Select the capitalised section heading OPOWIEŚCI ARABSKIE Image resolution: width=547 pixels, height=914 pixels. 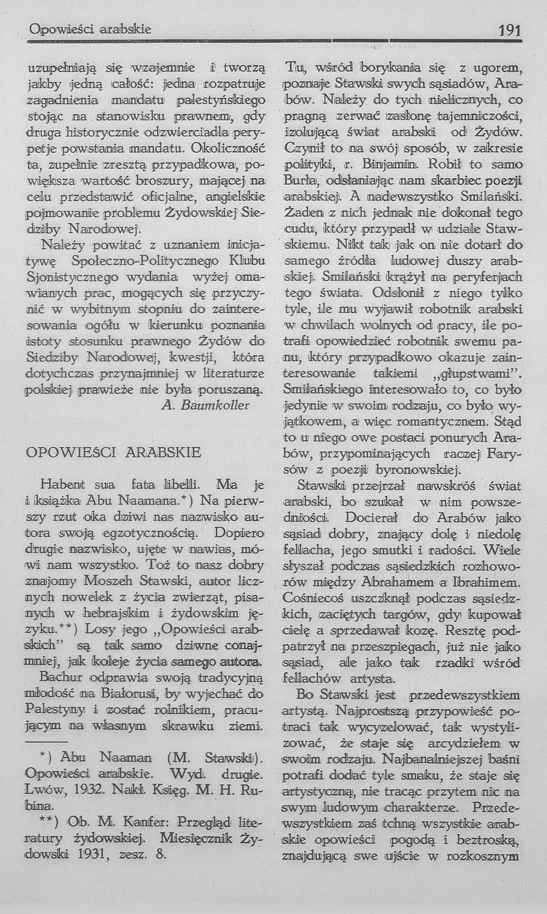pos(114,453)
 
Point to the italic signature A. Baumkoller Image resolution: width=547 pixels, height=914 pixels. pos(206,405)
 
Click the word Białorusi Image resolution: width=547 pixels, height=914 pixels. pos(130,695)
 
